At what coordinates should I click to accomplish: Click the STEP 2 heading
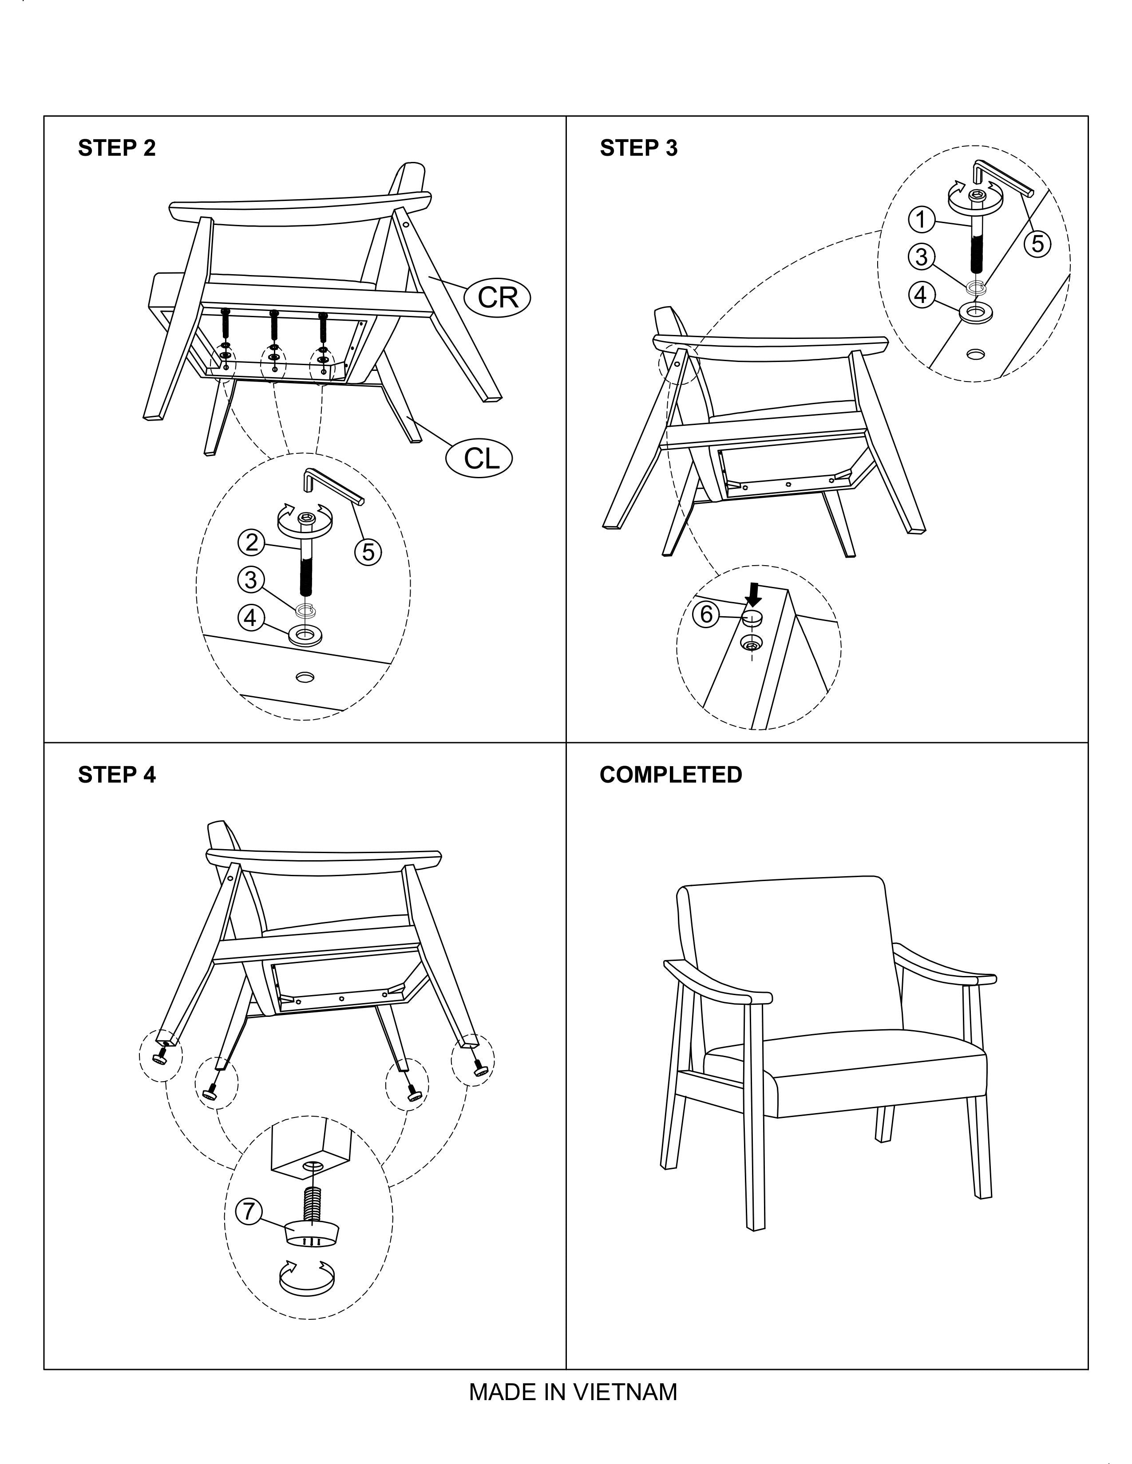coord(117,148)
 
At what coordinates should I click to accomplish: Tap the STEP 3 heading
coord(638,148)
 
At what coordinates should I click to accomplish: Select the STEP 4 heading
coord(117,775)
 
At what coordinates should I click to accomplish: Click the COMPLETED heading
coord(671,775)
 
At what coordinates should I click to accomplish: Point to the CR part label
coord(498,296)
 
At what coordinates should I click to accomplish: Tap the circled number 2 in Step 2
coord(251,542)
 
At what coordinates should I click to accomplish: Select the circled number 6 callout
coord(705,614)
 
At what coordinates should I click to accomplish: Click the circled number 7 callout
coord(249,1211)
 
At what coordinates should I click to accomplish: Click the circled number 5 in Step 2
coord(368,552)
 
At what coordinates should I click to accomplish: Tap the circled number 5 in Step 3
coord(1037,243)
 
